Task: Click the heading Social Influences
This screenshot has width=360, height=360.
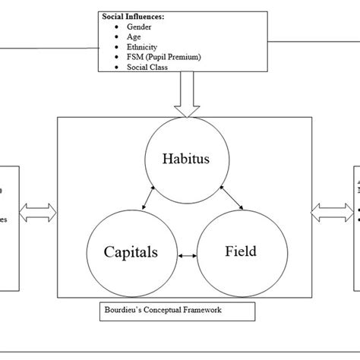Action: pyautogui.click(x=133, y=15)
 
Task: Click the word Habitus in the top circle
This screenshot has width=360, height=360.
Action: pyautogui.click(x=186, y=158)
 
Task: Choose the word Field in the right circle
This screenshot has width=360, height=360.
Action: pyautogui.click(x=240, y=251)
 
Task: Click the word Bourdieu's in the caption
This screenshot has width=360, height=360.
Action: pyautogui.click(x=122, y=311)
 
